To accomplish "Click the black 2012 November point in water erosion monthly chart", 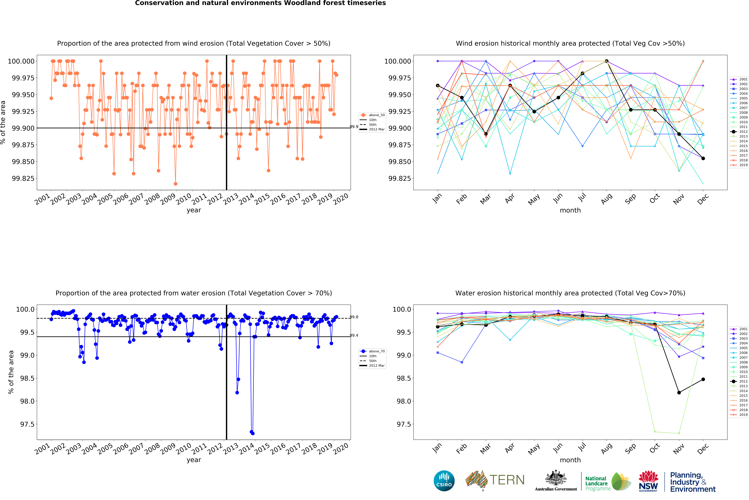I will [x=679, y=393].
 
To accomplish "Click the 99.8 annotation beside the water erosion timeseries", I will [x=354, y=317].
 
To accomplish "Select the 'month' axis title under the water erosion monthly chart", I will [x=570, y=460].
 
